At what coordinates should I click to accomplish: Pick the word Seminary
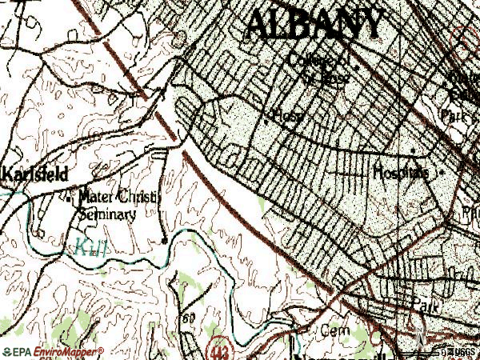[108, 214]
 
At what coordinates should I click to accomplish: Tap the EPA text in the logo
[18, 351]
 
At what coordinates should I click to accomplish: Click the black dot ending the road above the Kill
[164, 240]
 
